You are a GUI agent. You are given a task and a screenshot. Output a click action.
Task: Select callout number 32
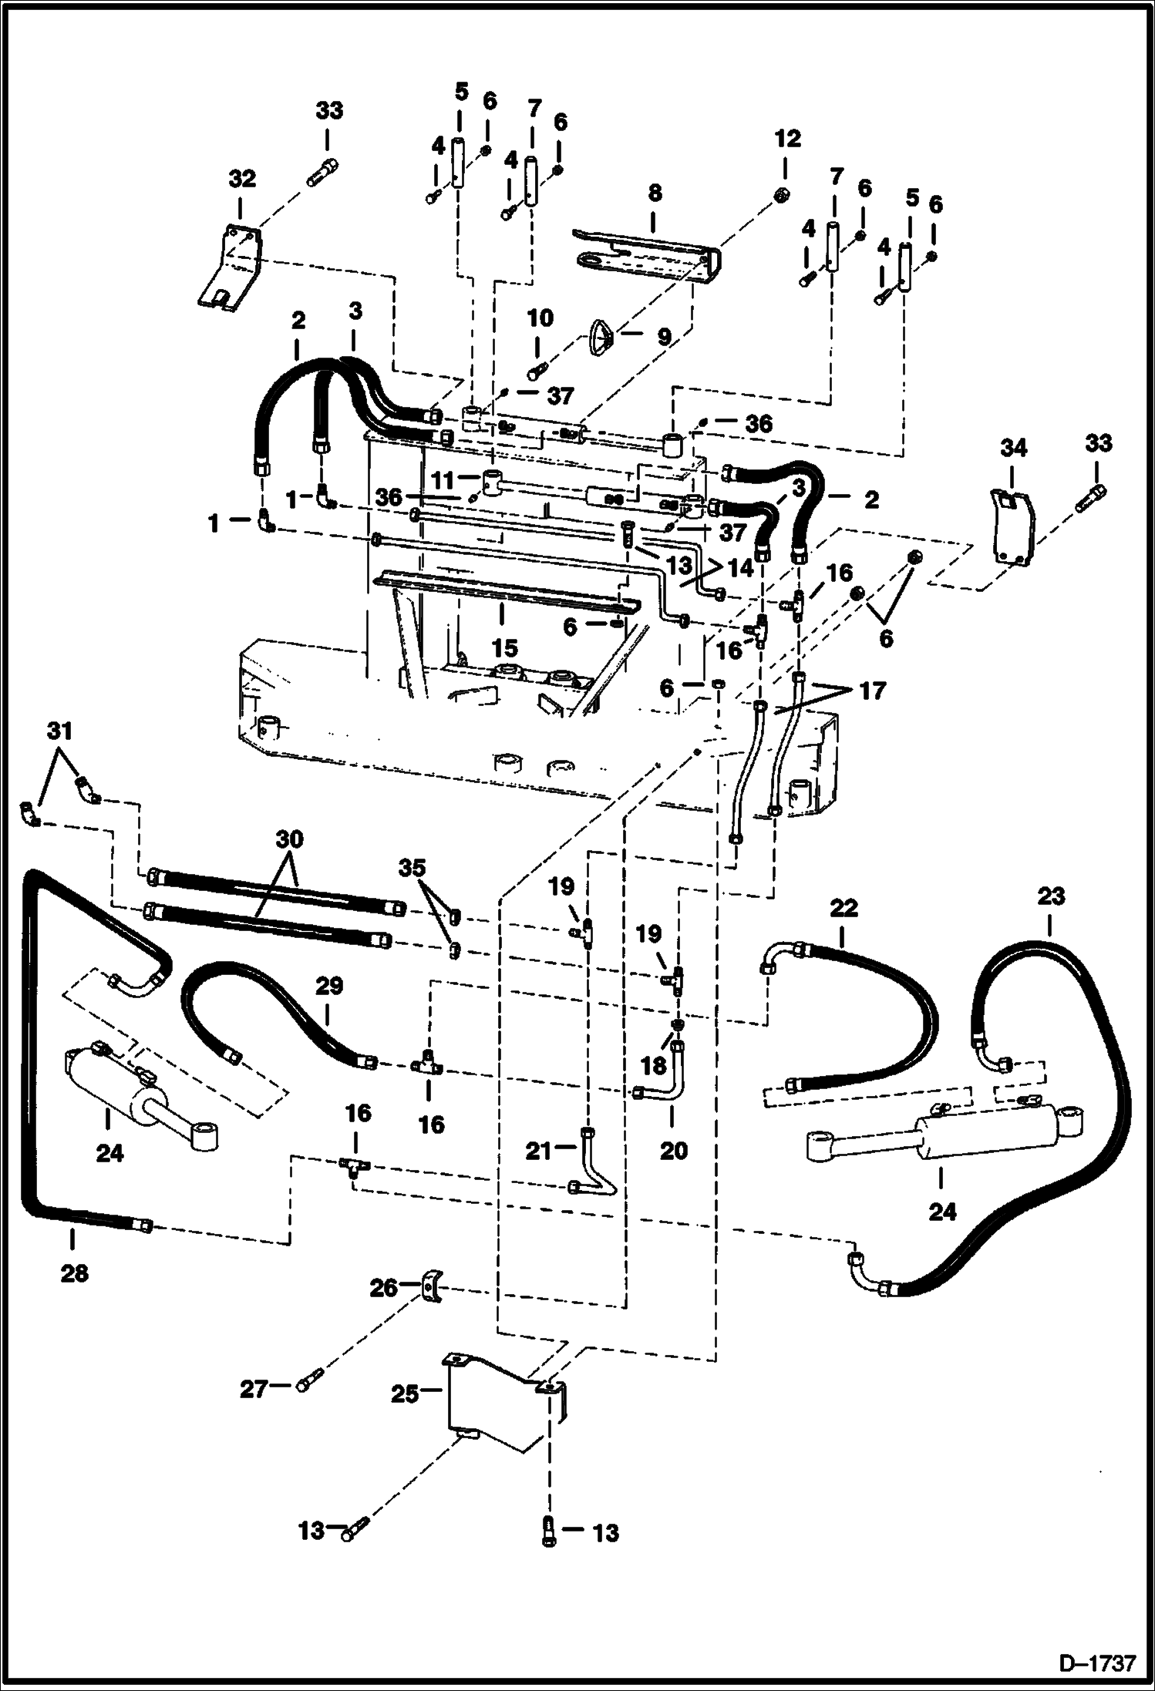(241, 179)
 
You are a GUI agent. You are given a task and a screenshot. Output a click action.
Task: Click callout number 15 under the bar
(506, 647)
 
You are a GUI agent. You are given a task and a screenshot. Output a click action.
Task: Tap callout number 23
(1051, 896)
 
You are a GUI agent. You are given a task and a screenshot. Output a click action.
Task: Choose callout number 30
(290, 838)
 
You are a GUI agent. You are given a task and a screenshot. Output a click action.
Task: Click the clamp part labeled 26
(433, 1288)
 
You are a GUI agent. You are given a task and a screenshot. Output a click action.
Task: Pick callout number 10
(540, 318)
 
